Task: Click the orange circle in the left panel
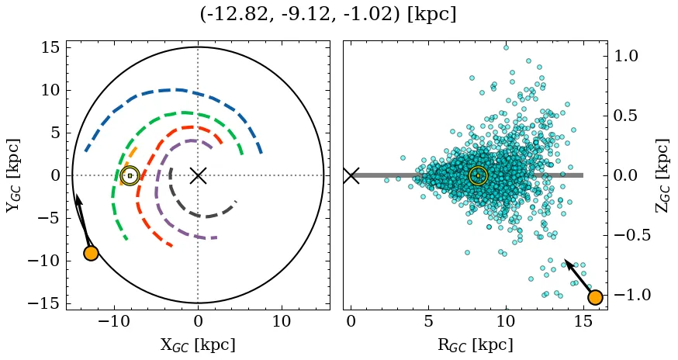click(91, 253)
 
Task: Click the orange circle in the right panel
click(595, 297)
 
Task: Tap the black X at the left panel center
click(198, 175)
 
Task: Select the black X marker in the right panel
click(351, 175)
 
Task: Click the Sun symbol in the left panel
click(130, 175)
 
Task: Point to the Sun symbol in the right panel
click(479, 175)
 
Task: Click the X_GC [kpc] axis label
click(198, 344)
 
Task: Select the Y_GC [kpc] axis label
click(14, 175)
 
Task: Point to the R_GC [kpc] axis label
click(475, 344)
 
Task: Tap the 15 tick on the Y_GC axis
click(50, 47)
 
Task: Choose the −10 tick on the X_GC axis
click(115, 321)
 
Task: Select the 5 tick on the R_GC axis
click(428, 321)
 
